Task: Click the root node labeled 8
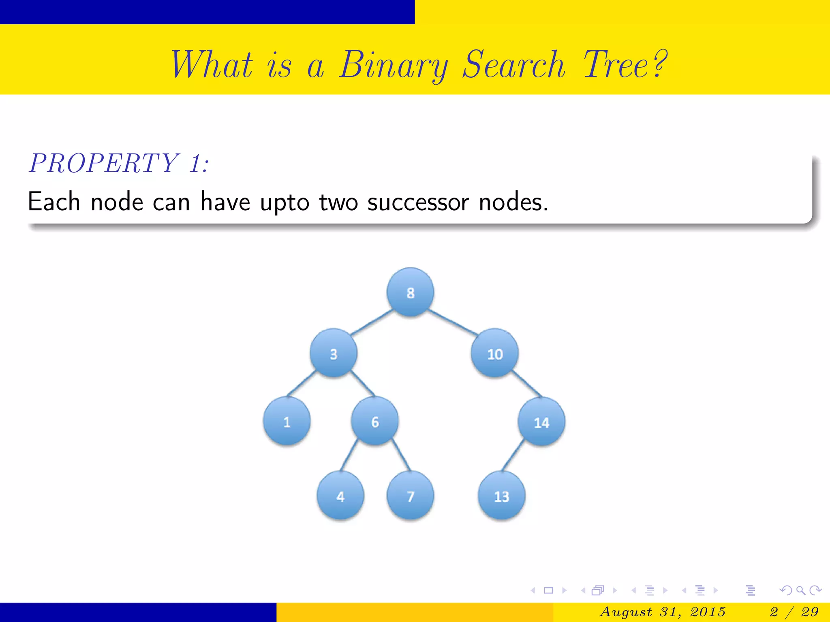pyautogui.click(x=410, y=292)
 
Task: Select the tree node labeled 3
pyautogui.click(x=333, y=353)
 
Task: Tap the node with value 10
pyautogui.click(x=494, y=354)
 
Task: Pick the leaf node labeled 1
pyautogui.click(x=287, y=421)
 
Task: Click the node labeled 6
pyautogui.click(x=375, y=421)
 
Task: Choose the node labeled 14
pyautogui.click(x=541, y=422)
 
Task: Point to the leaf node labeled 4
pyautogui.click(x=340, y=496)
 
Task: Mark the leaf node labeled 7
pyautogui.click(x=410, y=496)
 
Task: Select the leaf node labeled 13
pyautogui.click(x=501, y=496)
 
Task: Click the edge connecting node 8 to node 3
pyautogui.click(x=372, y=322)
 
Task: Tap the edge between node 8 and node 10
pyautogui.click(x=453, y=322)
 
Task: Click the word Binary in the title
pyautogui.click(x=394, y=66)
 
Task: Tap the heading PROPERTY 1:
pyautogui.click(x=119, y=164)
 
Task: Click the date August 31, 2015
pyautogui.click(x=662, y=611)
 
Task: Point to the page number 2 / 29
pyautogui.click(x=794, y=611)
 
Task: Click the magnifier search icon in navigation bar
pyautogui.click(x=800, y=590)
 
